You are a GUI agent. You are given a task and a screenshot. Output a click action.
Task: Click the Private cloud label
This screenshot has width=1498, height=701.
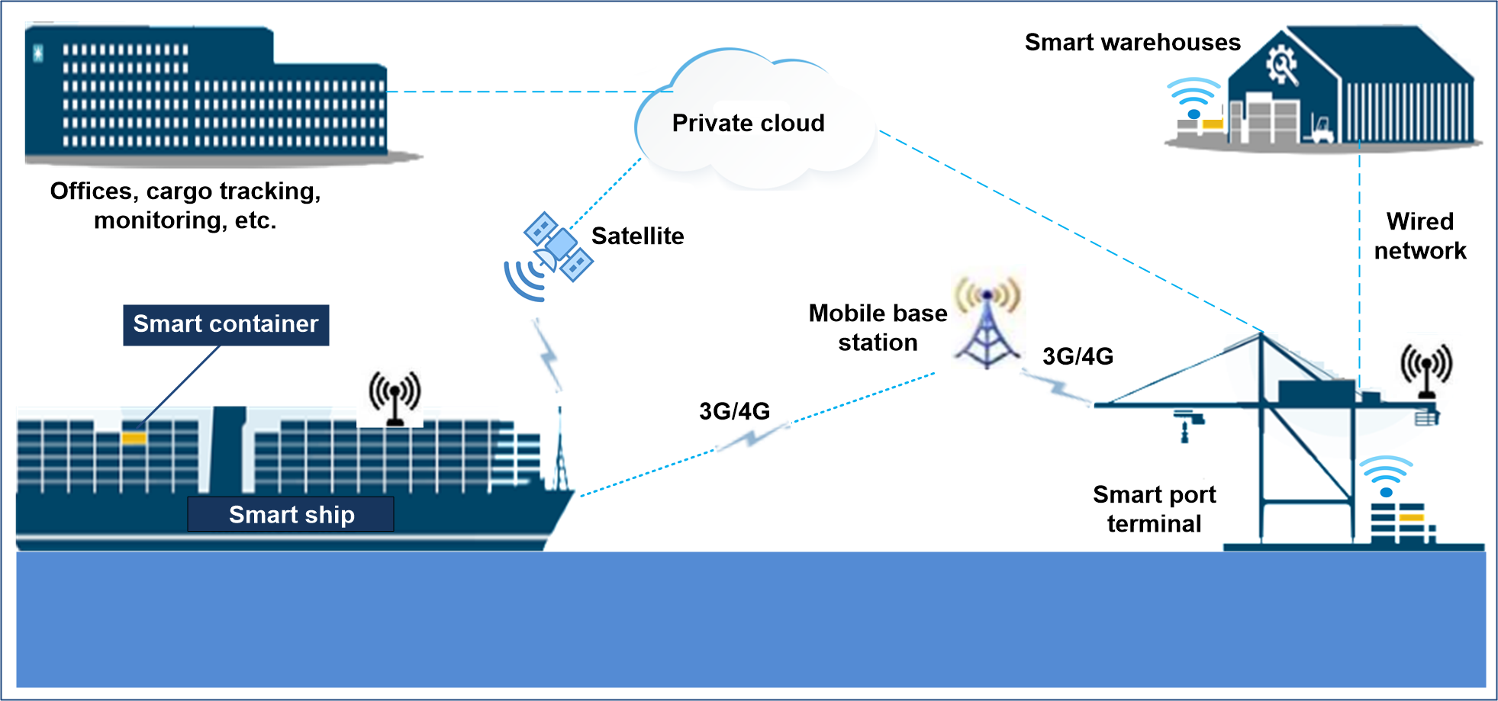748,123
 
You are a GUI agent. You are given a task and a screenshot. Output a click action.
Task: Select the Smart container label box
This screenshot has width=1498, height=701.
226,325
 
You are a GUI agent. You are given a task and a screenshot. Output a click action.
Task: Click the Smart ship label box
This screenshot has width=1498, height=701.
291,514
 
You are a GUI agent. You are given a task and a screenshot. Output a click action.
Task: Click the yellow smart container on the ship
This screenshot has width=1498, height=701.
134,438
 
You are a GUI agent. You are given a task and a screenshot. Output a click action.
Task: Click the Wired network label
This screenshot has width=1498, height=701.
1420,236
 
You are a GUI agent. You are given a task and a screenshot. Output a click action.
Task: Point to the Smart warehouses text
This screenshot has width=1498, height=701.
1132,42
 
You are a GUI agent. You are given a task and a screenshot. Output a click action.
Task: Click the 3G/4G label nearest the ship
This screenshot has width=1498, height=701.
734,411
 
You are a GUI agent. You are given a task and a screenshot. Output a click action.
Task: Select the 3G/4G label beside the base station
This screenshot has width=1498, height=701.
1078,356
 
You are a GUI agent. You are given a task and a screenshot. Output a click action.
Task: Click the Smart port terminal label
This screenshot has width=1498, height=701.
1155,509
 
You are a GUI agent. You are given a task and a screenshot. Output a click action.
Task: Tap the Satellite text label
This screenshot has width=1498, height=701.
637,236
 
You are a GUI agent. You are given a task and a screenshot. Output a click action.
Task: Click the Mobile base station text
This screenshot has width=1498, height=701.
878,327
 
